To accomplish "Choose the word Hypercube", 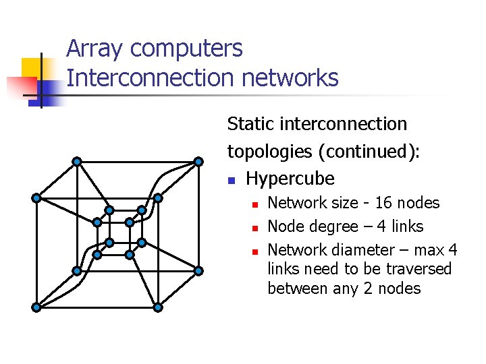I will tap(290, 179).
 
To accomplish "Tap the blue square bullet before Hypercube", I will tap(231, 181).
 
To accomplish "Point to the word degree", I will tap(333, 226).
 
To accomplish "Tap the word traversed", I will tap(418, 269).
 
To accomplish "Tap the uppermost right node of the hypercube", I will tap(198, 161).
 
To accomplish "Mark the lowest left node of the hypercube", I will tap(36, 307).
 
